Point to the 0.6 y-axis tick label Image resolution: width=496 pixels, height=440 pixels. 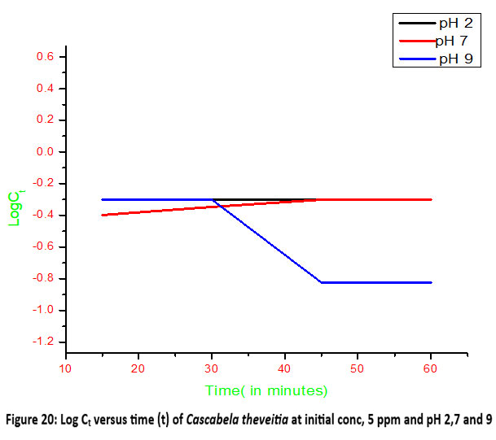(x=44, y=57)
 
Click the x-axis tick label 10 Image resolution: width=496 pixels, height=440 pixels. (x=66, y=368)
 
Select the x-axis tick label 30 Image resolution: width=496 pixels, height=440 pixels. (x=212, y=368)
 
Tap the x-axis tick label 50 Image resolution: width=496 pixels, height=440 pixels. (x=358, y=368)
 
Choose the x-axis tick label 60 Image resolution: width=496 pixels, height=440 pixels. (x=430, y=368)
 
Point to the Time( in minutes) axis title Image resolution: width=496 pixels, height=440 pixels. (x=266, y=391)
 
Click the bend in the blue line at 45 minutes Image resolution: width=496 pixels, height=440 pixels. (x=322, y=282)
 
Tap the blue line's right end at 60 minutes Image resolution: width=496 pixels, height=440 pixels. (x=431, y=282)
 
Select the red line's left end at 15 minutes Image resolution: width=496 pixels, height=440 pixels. (x=103, y=215)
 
